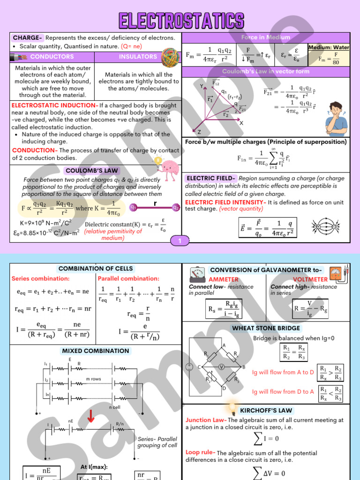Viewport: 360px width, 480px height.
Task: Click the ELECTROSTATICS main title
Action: tap(181, 21)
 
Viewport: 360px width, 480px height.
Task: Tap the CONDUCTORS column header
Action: tap(52, 57)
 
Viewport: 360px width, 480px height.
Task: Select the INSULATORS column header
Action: tap(138, 57)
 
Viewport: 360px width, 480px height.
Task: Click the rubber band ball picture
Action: tap(170, 57)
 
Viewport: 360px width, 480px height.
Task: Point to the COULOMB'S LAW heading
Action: tap(92, 171)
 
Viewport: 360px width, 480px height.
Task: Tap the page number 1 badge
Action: tap(181, 241)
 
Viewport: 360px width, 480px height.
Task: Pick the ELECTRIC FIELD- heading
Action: tap(211, 179)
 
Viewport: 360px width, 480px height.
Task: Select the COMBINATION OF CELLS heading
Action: tap(96, 269)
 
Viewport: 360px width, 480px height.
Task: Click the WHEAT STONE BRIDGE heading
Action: tap(265, 328)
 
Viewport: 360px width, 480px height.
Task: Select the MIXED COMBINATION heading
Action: tap(95, 351)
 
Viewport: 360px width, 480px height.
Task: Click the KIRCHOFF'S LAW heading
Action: tap(266, 410)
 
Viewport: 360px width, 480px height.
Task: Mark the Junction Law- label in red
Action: tap(206, 420)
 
